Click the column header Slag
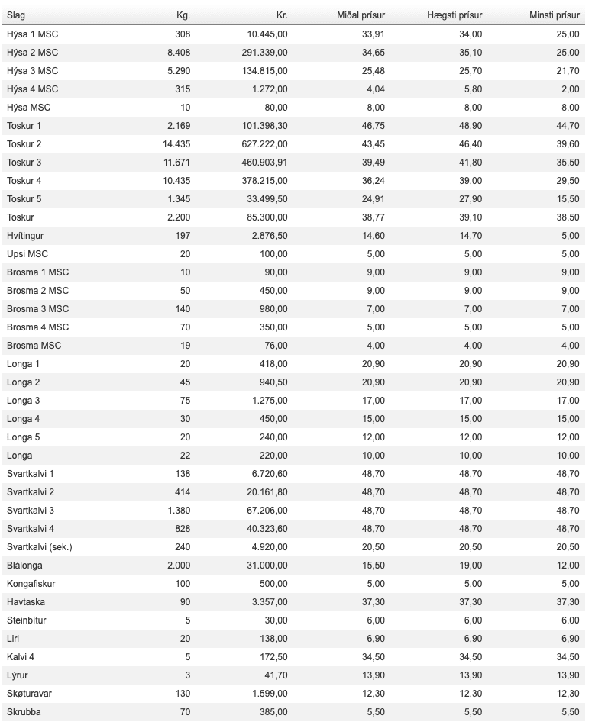tap(16, 15)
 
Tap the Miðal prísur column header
tap(361, 15)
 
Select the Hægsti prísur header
tap(455, 15)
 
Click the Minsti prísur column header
tap(554, 15)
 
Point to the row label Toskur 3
tap(24, 163)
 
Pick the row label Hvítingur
tap(27, 236)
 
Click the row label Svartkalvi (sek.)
tap(39, 547)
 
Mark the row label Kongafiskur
tap(31, 584)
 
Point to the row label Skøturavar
tap(30, 694)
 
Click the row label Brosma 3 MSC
tap(37, 309)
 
